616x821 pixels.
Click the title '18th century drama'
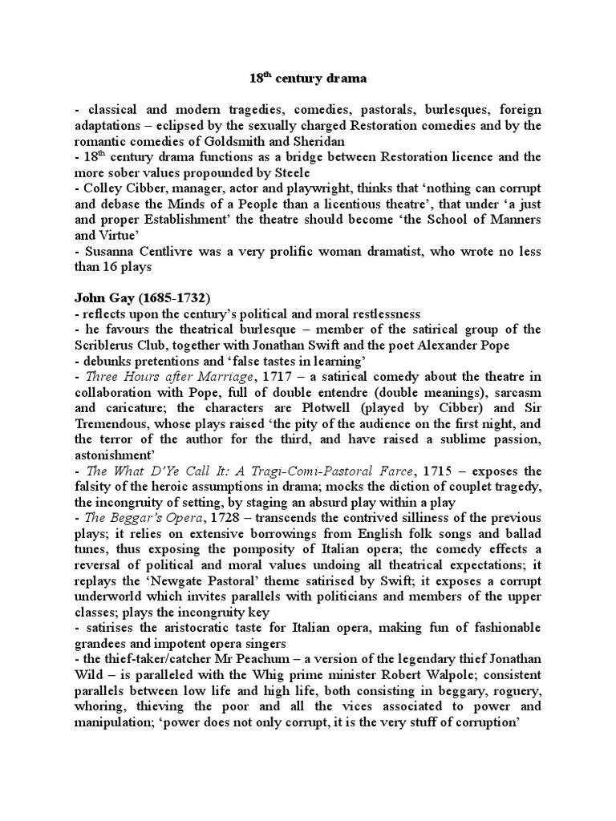pyautogui.click(x=308, y=79)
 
